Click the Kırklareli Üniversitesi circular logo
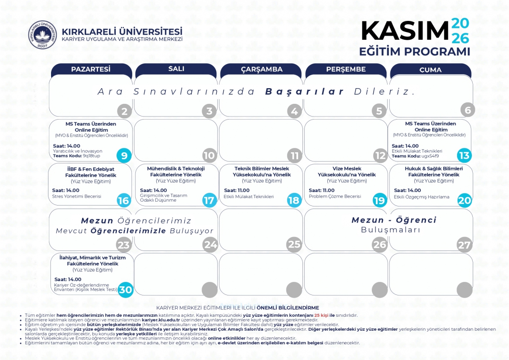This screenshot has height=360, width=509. tap(42, 35)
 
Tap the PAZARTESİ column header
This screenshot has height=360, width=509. tap(91, 69)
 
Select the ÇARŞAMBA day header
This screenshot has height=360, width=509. tap(261, 69)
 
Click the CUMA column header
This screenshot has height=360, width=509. tap(430, 69)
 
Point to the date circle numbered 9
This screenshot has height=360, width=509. tap(124, 155)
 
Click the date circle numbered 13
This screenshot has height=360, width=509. tap(464, 155)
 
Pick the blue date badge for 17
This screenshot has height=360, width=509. tap(209, 200)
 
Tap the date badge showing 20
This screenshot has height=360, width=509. tap(464, 200)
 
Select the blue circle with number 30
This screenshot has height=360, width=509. tap(125, 290)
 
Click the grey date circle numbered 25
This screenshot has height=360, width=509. tap(294, 244)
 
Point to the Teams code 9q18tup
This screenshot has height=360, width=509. tap(92, 156)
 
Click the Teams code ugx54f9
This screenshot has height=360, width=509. tap(430, 156)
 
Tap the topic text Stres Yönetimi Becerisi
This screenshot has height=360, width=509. tap(76, 196)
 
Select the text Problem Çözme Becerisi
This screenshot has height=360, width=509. tap(335, 196)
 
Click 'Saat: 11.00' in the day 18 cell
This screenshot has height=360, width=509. tap(237, 190)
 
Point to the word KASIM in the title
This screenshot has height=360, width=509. tap(405, 31)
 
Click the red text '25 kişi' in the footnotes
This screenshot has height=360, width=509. tap(321, 315)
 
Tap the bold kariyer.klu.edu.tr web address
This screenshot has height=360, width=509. tap(161, 320)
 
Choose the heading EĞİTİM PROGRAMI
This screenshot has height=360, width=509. tap(415, 51)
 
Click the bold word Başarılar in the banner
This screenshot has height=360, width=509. tap(305, 92)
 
